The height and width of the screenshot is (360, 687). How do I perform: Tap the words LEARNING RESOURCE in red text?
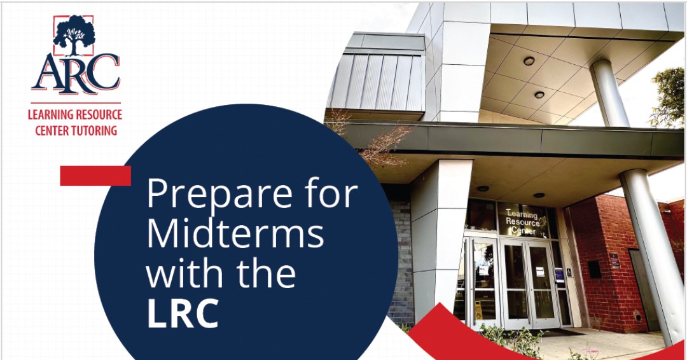click(74, 116)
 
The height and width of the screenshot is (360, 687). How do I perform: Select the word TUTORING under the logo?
click(95, 131)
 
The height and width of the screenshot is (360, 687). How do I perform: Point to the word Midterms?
click(235, 235)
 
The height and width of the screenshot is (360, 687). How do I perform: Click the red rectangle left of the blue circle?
click(95, 176)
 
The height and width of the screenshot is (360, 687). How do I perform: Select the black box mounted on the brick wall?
click(594, 268)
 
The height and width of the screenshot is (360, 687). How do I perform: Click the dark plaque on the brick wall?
click(614, 260)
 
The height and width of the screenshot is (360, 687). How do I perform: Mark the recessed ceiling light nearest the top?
click(529, 61)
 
